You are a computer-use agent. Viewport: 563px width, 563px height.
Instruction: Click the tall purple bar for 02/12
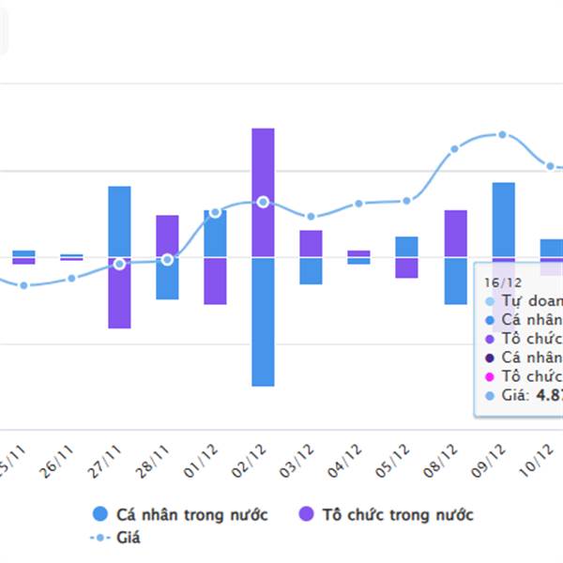tap(263, 191)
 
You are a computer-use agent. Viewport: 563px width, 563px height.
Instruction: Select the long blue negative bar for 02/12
tap(263, 321)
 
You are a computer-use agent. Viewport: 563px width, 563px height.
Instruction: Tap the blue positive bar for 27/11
tap(119, 221)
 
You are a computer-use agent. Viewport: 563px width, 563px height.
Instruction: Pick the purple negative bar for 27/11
tap(119, 292)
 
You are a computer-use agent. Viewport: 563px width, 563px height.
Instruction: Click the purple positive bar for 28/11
tap(167, 236)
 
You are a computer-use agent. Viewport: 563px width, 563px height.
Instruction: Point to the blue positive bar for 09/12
tap(503, 219)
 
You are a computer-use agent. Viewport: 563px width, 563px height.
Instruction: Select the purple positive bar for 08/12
tap(455, 233)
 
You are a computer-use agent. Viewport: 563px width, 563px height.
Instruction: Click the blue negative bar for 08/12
tap(455, 280)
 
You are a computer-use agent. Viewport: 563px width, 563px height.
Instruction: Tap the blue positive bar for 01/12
tap(215, 233)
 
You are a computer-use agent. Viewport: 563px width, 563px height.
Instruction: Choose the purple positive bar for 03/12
tap(311, 243)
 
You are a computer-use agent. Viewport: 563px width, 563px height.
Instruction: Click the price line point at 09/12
tap(503, 134)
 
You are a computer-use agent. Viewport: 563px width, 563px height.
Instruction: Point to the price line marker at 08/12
tap(455, 148)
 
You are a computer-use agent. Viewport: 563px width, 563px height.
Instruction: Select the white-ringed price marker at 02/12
tap(263, 202)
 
